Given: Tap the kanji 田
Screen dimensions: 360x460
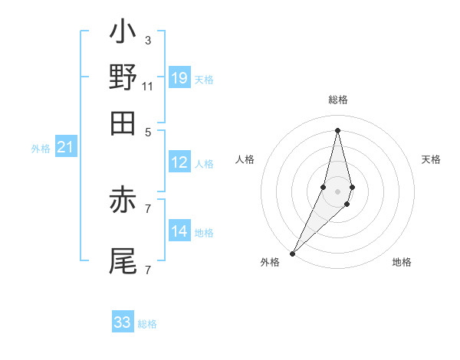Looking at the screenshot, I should click(x=123, y=122).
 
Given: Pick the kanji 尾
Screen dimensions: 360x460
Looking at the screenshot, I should click(x=123, y=260).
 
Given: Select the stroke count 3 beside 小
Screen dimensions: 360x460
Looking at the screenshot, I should click(x=148, y=41).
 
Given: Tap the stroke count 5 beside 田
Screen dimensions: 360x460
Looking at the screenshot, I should click(x=148, y=131).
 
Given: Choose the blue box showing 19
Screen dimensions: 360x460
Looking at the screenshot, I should click(x=179, y=77).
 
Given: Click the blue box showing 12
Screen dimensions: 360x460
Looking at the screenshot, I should click(x=179, y=162).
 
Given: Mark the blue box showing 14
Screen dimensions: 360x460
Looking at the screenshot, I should click(x=179, y=231).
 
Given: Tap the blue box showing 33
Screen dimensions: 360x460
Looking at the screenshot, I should click(x=123, y=322).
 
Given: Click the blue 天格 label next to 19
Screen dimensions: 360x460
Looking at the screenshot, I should click(x=204, y=79).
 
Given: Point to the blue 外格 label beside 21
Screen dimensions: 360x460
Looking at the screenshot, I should click(x=41, y=149).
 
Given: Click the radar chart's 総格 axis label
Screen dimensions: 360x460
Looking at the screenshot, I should click(x=338, y=100).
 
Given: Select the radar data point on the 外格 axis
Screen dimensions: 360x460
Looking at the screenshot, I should click(x=293, y=254).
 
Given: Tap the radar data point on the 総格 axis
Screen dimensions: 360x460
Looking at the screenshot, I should click(x=338, y=130).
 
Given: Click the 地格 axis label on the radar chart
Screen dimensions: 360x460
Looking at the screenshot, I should click(x=402, y=263).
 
